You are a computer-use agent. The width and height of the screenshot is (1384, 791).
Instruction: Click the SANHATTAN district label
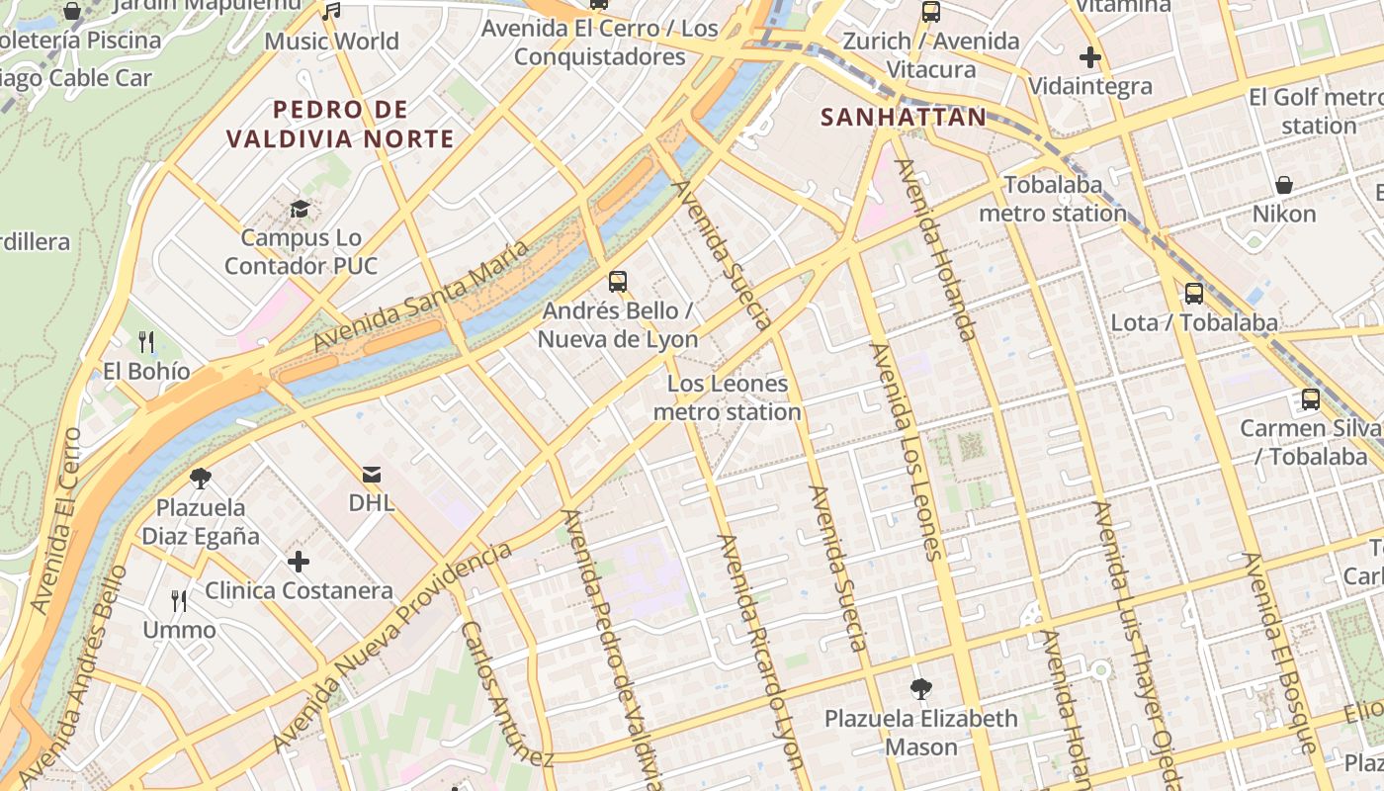904,118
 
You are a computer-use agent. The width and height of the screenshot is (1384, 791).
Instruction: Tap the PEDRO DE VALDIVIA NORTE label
340,124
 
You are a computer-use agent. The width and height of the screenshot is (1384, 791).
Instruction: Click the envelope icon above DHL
372,475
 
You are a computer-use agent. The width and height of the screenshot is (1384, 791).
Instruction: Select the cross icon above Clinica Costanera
299,563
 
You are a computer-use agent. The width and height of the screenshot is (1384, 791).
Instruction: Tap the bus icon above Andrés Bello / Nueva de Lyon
618,282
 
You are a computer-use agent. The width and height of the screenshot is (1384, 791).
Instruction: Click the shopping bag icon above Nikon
1284,185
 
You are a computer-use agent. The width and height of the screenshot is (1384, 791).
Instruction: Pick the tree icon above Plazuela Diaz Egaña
201,480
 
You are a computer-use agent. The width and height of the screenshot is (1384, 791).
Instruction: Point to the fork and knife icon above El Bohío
146,342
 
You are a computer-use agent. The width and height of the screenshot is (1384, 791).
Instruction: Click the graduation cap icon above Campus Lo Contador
300,209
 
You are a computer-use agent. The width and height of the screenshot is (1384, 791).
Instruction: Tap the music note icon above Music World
332,12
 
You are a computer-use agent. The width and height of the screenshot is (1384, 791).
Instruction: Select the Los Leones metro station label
728,397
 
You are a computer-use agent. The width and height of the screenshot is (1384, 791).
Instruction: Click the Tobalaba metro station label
1053,199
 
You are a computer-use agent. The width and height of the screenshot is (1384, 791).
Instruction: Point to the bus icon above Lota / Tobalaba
1194,294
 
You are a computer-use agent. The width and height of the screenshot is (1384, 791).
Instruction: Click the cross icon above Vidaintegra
1090,57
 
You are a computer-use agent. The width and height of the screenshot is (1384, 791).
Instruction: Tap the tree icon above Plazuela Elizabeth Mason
921,689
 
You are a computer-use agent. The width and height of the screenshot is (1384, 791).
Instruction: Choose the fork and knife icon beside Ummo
179,600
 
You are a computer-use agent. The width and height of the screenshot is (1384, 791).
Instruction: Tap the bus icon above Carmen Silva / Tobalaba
1311,399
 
